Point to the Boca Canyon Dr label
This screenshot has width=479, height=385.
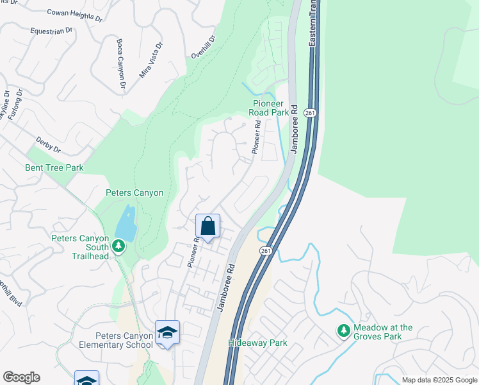(x=120, y=64)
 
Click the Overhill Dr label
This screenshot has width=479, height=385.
(x=204, y=47)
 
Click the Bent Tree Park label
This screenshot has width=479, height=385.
(x=54, y=168)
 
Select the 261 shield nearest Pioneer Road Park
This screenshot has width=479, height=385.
(x=309, y=113)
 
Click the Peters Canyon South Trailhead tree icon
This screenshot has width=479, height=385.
(x=118, y=246)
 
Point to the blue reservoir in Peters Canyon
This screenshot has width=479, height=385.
(x=126, y=224)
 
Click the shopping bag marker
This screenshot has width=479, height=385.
(x=207, y=226)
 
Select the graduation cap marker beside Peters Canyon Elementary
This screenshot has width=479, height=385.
(x=167, y=332)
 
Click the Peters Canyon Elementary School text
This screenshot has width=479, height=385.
(x=123, y=340)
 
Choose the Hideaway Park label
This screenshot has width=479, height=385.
(x=257, y=343)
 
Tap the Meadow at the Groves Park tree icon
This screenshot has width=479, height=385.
(x=344, y=330)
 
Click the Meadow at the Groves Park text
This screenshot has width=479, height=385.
(x=379, y=332)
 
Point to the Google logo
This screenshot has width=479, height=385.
(x=21, y=377)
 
